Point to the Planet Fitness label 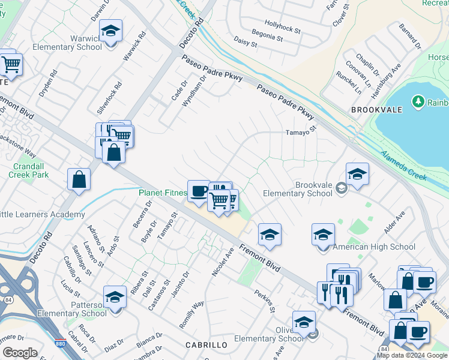pyautogui.click(x=162, y=193)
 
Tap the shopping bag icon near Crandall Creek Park pyautogui.click(x=79, y=179)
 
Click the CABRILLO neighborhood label pyautogui.click(x=206, y=345)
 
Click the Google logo pyautogui.click(x=20, y=353)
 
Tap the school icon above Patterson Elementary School pyautogui.click(x=114, y=297)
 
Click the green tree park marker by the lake pyautogui.click(x=418, y=102)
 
